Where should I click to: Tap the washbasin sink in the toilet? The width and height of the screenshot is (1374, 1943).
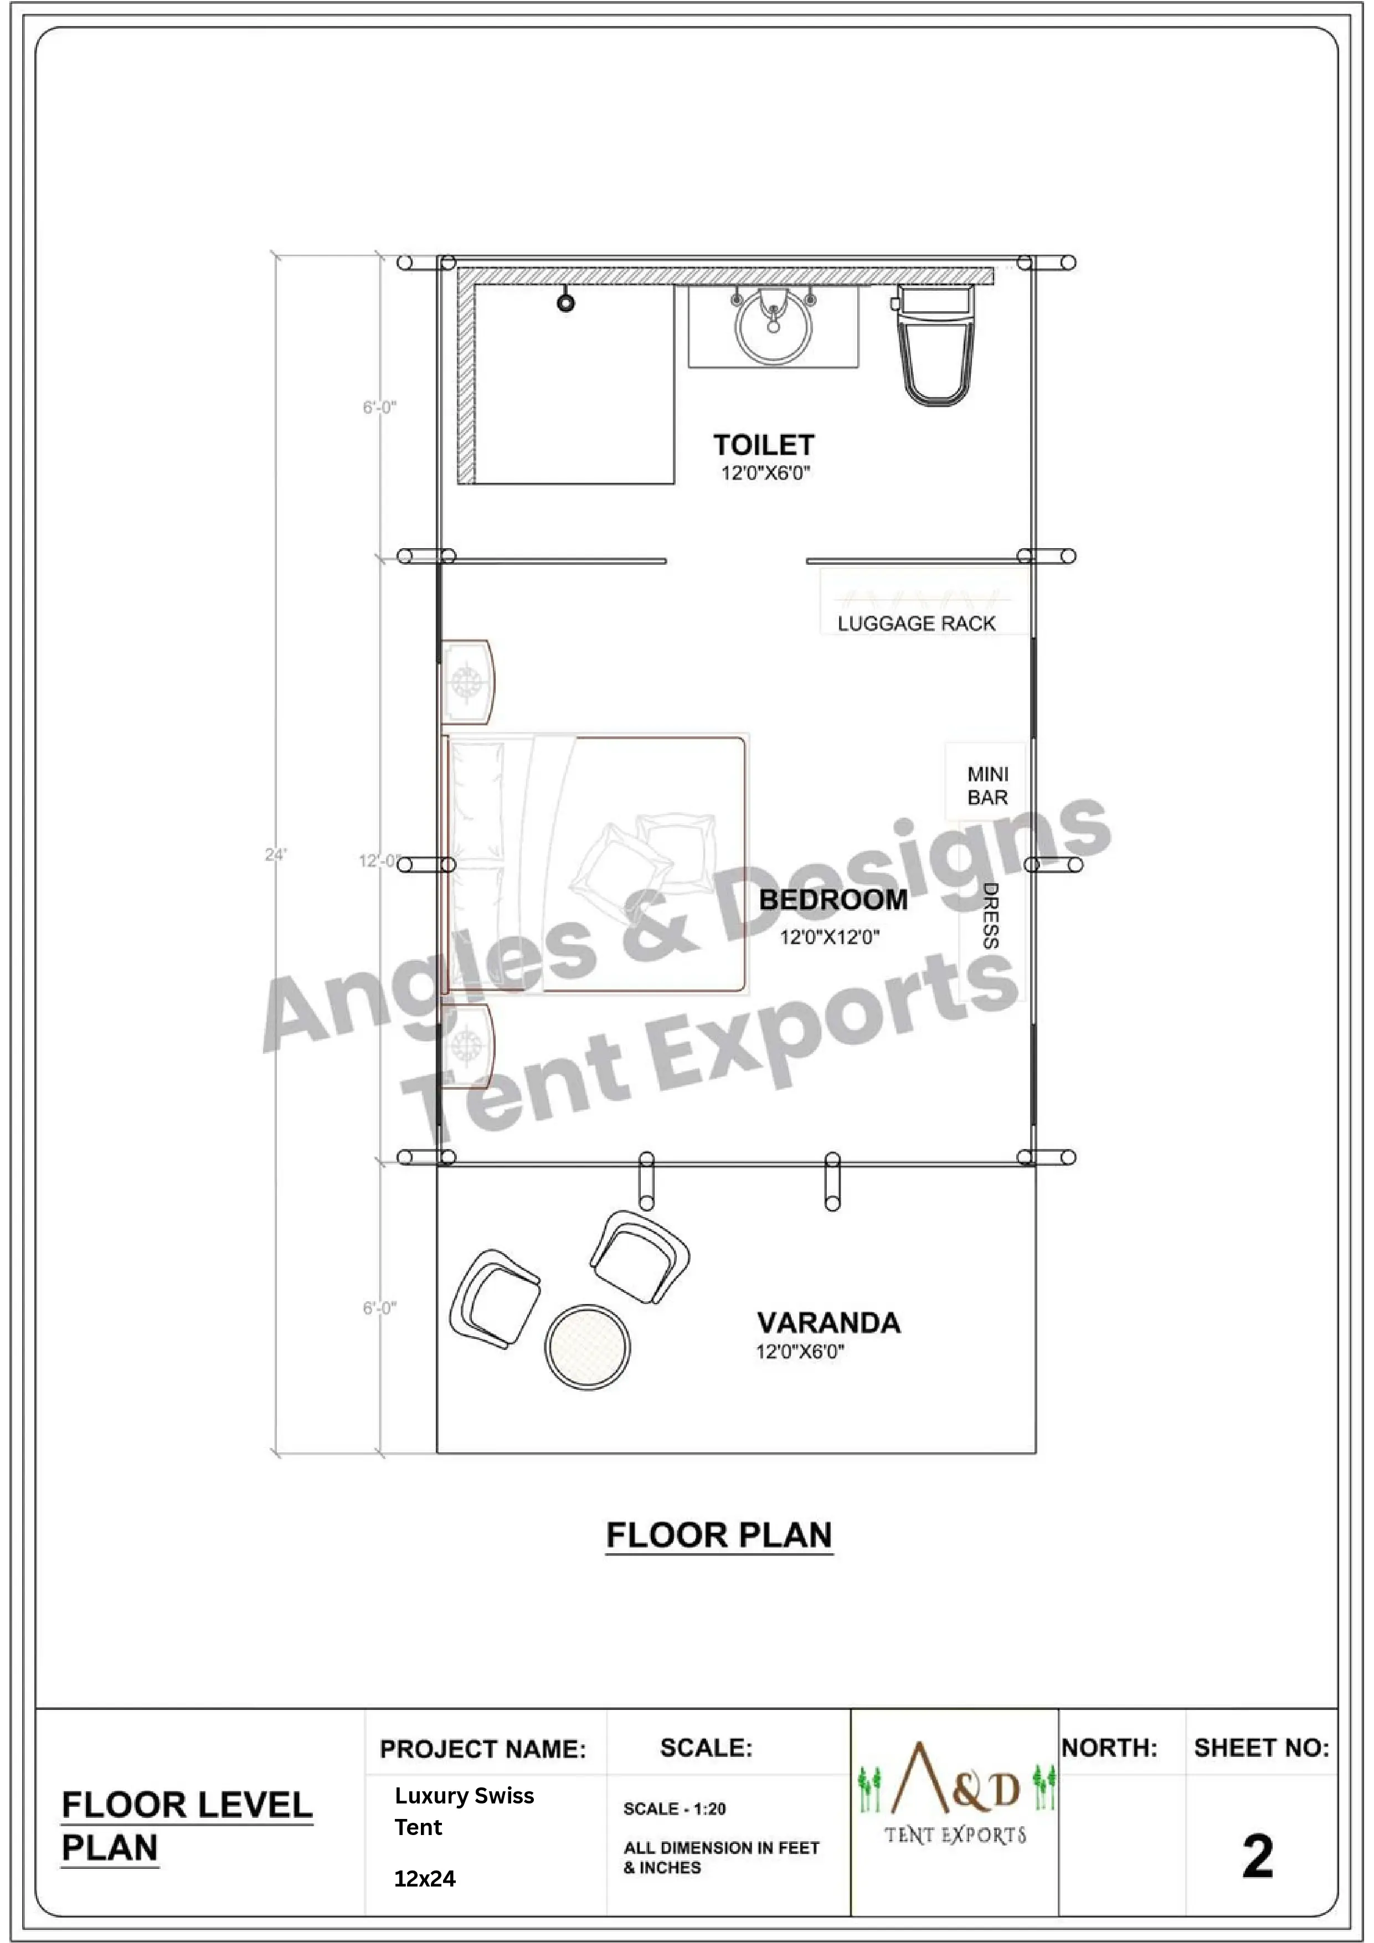(772, 325)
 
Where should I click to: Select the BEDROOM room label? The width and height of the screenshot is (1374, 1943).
(833, 900)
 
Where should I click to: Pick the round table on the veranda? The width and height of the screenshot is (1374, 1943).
(588, 1347)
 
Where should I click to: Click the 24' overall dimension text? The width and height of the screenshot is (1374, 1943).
(275, 855)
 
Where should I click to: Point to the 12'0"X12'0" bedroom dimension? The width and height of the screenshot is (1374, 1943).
(830, 937)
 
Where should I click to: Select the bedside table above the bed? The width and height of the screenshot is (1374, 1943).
(466, 681)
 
